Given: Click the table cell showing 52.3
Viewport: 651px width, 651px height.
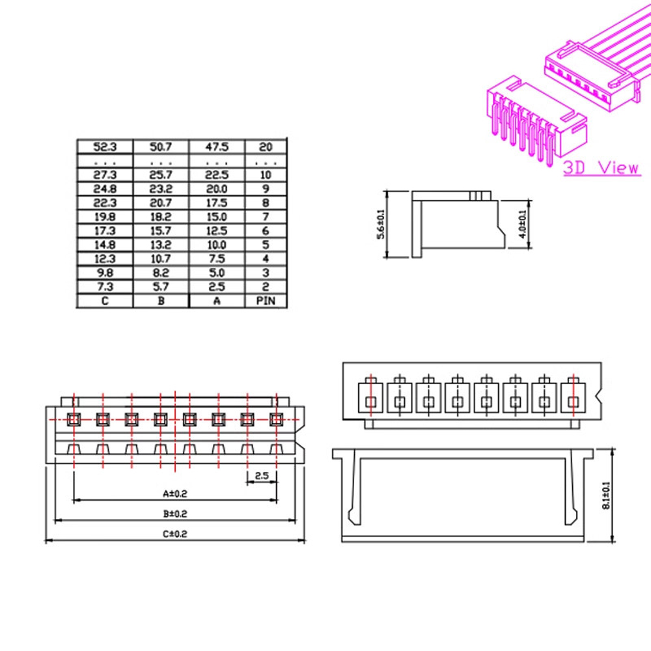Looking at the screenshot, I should tap(105, 147).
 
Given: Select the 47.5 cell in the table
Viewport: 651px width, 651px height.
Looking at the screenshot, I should tap(217, 147).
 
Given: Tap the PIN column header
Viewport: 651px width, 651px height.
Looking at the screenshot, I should tap(266, 301).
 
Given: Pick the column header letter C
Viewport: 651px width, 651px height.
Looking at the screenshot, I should tap(105, 301).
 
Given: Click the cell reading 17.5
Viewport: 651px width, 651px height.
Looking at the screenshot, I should tap(217, 202).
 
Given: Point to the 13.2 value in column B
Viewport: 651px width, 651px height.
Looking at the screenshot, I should tap(161, 245).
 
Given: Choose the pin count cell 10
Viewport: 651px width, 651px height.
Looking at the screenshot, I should tap(266, 174).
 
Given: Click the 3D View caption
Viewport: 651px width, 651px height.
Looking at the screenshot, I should tap(601, 168).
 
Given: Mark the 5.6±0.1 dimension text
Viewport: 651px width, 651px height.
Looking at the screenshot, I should tap(381, 223).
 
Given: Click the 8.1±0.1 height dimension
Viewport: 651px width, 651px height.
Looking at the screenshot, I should tap(607, 495).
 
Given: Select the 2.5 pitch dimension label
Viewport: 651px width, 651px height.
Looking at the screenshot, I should tap(262, 476).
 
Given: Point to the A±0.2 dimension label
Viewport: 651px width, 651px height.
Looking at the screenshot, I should tap(174, 493).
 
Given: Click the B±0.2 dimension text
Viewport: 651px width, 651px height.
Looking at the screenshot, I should tap(174, 514).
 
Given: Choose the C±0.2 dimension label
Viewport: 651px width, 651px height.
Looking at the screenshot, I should tap(174, 533).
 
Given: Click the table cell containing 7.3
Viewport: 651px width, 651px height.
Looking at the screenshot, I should tap(105, 287).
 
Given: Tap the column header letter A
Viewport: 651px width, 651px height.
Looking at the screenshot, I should tap(217, 301).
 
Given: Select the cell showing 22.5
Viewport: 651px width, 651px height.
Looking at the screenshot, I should tap(217, 174).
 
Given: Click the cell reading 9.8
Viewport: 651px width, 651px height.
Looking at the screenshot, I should tap(105, 273).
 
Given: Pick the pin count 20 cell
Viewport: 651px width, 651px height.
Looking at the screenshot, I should tap(266, 147).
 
